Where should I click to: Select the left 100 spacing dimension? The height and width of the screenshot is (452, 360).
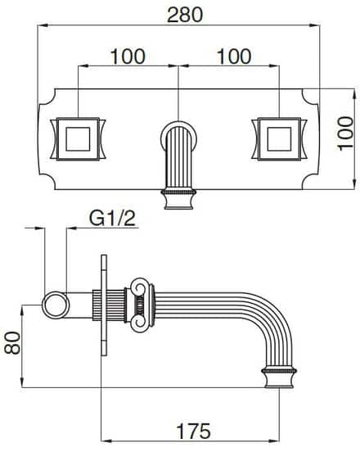point(128,56)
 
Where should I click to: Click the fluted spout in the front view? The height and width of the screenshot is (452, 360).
point(178,151)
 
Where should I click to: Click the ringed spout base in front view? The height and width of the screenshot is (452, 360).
point(178,197)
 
